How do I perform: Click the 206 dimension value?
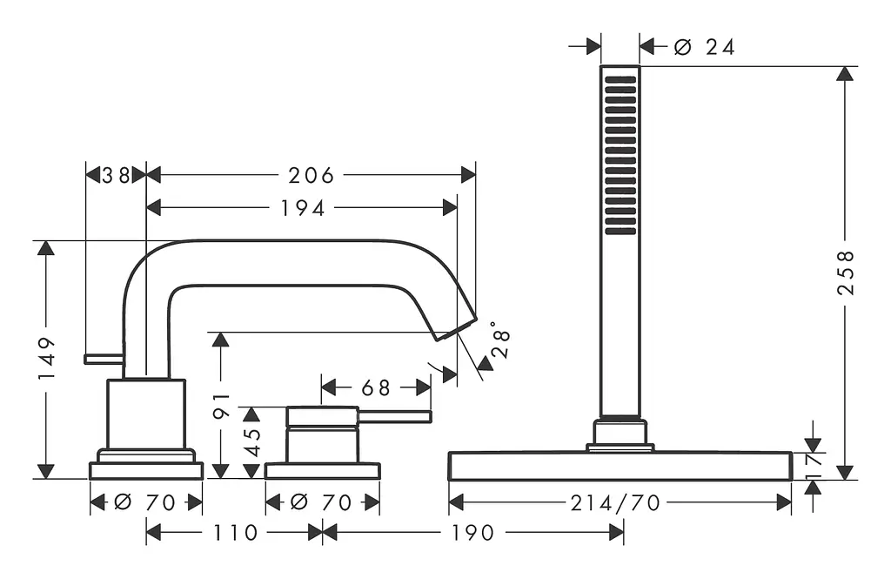(x=311, y=175)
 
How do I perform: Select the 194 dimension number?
(x=302, y=208)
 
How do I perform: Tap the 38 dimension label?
(x=117, y=175)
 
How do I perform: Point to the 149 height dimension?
(x=47, y=359)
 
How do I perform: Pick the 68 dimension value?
(x=376, y=388)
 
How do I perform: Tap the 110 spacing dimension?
(x=235, y=533)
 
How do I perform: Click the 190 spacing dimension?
(x=472, y=533)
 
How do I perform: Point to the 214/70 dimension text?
(x=615, y=502)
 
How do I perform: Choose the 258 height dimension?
(x=846, y=273)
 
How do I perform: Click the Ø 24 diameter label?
(x=704, y=47)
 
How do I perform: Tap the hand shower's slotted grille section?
(x=620, y=155)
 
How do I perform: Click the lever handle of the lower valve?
(x=394, y=417)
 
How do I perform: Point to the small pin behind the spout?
(x=104, y=359)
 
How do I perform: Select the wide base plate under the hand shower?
(x=620, y=466)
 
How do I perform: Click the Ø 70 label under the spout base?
(x=145, y=502)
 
